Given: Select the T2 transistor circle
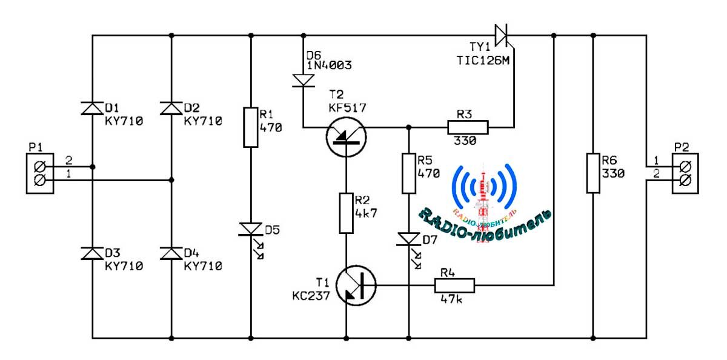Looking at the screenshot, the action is pos(347,137).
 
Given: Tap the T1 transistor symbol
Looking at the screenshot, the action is pos(356,285).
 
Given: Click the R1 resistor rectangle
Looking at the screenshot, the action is pos(251,127).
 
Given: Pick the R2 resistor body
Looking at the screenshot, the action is pos(347,213).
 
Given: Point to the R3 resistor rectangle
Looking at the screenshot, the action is pos(468,127).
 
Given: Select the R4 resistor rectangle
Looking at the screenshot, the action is pos(455,285).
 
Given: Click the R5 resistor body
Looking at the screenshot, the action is pos(409,174).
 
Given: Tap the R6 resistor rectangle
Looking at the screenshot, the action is pos(593,173).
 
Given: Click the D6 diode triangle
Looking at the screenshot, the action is pos(304,81).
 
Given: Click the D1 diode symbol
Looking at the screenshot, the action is pos(92,108).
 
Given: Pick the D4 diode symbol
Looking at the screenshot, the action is pos(171,253).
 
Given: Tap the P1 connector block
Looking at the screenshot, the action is pos(40,173).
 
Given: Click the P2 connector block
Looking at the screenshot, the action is pos(685,173).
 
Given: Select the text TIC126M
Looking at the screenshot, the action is pos(483,61).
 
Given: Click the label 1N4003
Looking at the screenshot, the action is pos(329,65).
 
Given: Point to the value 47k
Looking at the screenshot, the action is pos(451,299).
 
